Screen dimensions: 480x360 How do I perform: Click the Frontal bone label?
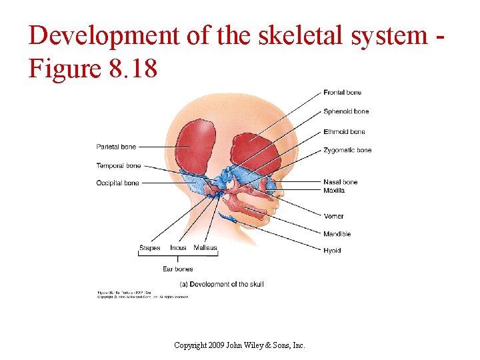pos(343,93)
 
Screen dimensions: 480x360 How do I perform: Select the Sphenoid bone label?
pos(346,111)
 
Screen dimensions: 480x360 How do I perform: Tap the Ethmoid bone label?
pos(344,131)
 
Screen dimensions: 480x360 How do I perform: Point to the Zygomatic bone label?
pos(347,150)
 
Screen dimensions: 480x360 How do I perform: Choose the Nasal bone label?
pos(340,182)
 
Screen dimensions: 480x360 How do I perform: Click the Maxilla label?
pos(334,191)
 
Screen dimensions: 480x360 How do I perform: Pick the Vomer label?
pos(333,216)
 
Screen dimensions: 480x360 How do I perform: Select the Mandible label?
pos(337,234)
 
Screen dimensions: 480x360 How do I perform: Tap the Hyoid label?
pos(332,251)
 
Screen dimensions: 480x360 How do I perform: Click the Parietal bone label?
pos(116,147)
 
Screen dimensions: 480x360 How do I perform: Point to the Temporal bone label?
pos(119,165)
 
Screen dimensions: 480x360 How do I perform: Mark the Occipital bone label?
pos(117,183)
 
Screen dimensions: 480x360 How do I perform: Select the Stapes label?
pos(150,248)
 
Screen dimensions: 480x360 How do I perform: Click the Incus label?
pos(178,248)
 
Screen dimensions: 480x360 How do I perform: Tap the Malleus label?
pos(205,248)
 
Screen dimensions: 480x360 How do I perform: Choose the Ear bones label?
pos(177,269)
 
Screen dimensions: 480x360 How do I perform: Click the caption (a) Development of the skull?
pos(222,284)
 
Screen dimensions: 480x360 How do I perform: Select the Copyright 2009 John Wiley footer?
pos(239,345)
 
